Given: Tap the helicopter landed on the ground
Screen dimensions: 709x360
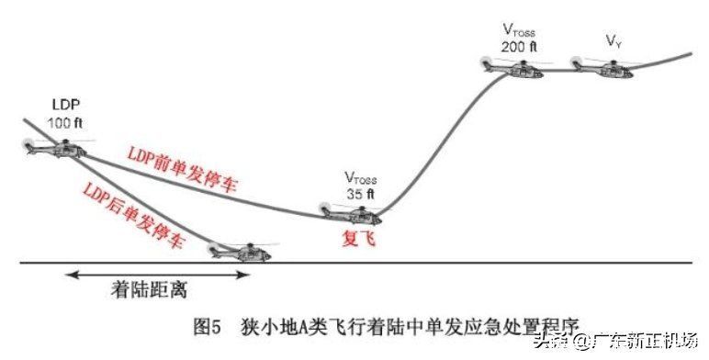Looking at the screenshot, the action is point(242,249).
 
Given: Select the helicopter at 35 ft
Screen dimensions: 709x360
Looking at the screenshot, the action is point(354,214).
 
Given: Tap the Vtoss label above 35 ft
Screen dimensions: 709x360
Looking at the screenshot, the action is point(361,177).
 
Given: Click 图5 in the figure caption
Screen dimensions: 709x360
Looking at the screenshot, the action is point(208,326).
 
